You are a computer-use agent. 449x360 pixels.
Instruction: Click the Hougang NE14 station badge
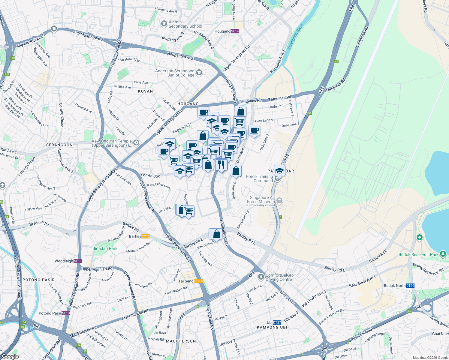click(235, 31)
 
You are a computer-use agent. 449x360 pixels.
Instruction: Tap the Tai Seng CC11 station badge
click(198, 281)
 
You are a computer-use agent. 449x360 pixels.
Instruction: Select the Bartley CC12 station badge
click(146, 236)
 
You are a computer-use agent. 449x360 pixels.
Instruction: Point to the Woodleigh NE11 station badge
click(78, 261)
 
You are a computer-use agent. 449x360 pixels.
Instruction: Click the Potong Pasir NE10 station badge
click(66, 313)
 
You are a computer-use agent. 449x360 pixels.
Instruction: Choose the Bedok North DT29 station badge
click(410, 286)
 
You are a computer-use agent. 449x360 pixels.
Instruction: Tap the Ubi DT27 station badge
click(277, 322)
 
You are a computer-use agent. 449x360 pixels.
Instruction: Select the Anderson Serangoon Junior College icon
click(199, 73)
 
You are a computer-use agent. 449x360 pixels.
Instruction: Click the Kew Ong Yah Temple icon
click(137, 142)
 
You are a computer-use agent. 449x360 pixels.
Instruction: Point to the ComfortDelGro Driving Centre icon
click(261, 276)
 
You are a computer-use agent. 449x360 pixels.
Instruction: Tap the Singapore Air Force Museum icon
click(279, 200)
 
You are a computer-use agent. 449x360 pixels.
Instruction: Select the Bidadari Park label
click(105, 248)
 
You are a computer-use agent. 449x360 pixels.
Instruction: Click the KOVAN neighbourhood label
click(146, 91)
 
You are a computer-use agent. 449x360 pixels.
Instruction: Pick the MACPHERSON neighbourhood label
click(181, 341)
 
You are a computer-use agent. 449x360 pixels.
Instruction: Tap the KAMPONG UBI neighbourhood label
click(272, 327)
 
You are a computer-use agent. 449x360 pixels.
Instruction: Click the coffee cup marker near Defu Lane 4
click(254, 131)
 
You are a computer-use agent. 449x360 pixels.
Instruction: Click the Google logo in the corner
click(10, 356)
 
